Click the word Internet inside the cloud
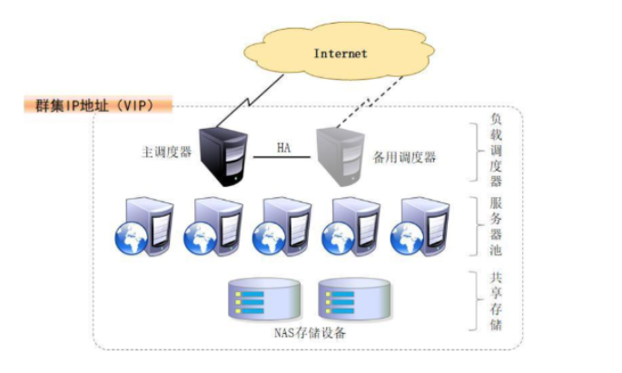click(341, 54)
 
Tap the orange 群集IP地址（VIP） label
click(98, 105)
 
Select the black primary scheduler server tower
click(223, 157)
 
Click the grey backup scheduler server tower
click(341, 157)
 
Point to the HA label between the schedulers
click(283, 148)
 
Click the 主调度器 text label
click(166, 152)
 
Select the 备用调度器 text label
click(404, 157)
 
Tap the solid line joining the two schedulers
click(282, 157)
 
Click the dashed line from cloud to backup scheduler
click(370, 103)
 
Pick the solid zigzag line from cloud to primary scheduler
click(249, 101)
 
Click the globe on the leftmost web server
click(132, 239)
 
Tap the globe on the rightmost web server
click(407, 239)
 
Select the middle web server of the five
click(282, 226)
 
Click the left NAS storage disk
click(264, 299)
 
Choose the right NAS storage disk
click(355, 299)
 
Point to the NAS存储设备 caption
click(310, 332)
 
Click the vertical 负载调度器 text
click(496, 150)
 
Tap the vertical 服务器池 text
click(496, 226)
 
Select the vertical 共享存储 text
click(496, 301)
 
